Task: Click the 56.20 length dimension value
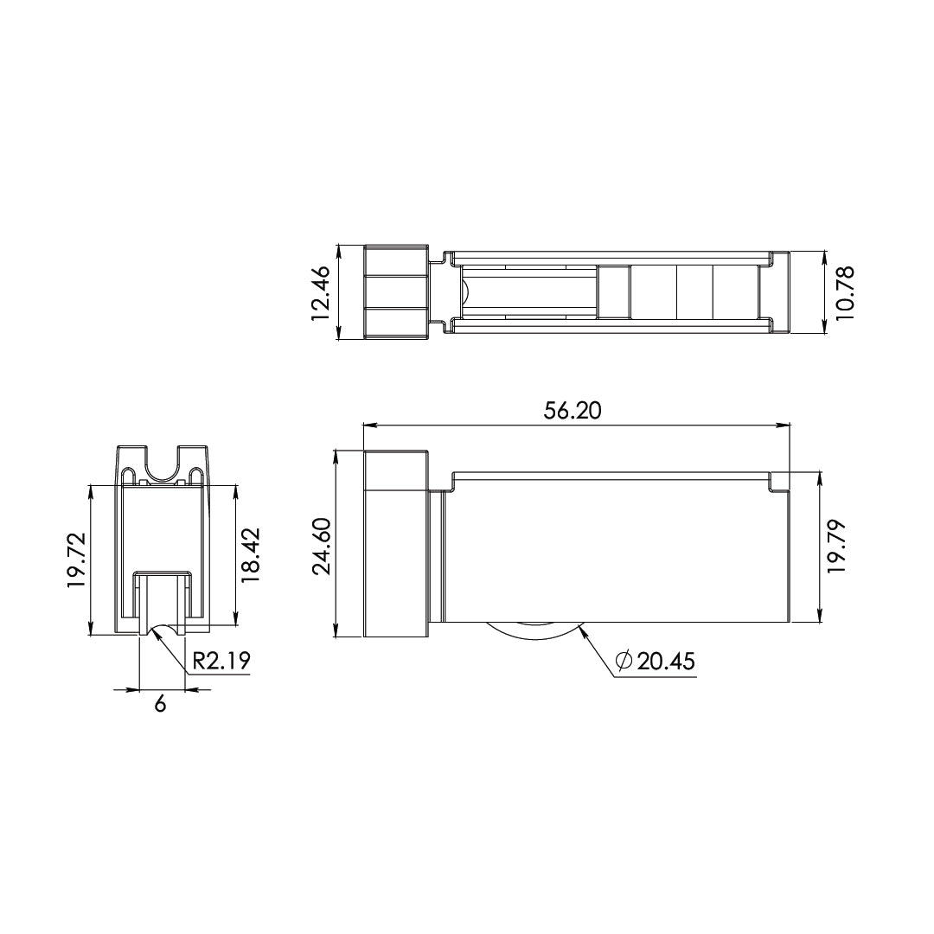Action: click(x=573, y=411)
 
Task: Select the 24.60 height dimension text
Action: click(x=323, y=547)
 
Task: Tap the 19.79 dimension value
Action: click(x=836, y=547)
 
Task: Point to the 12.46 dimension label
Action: click(x=321, y=293)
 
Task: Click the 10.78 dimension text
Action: click(x=844, y=293)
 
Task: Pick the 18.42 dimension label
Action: click(x=251, y=555)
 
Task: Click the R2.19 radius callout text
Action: click(x=221, y=662)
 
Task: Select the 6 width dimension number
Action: click(x=160, y=704)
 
